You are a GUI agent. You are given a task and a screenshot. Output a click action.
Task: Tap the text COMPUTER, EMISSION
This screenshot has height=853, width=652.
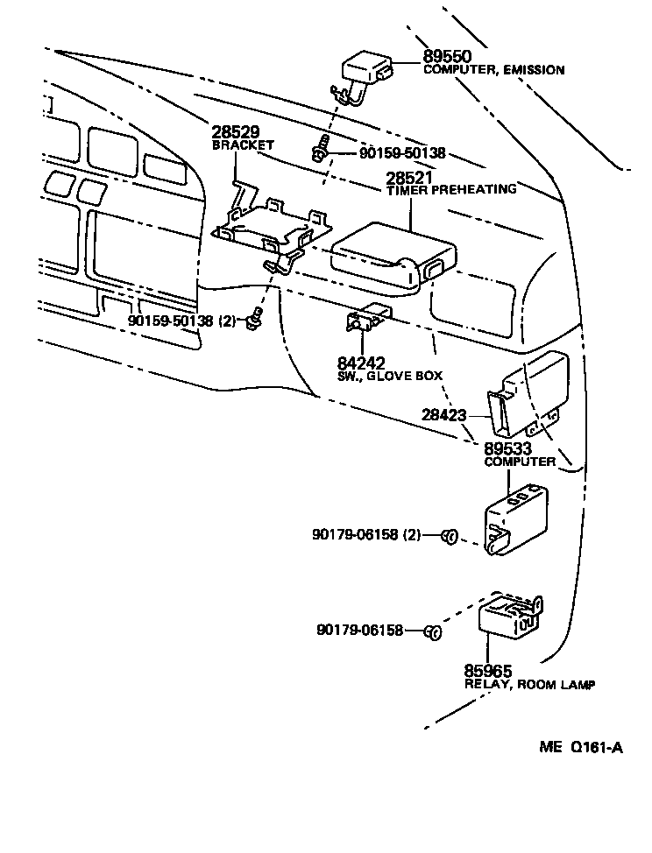click(493, 70)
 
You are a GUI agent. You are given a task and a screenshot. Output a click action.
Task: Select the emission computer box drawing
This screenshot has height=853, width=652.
click(367, 68)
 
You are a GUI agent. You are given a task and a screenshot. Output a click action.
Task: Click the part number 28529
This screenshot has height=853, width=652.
click(236, 132)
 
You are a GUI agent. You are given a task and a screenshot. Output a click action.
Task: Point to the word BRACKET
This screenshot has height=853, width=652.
click(243, 145)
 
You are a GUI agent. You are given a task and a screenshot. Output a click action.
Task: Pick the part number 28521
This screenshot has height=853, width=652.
click(410, 177)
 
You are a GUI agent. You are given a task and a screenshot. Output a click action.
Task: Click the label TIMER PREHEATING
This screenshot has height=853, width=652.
click(450, 189)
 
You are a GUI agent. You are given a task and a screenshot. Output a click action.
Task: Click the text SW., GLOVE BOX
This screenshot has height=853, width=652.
click(389, 376)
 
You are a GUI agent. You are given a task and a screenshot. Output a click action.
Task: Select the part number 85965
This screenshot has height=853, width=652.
click(488, 672)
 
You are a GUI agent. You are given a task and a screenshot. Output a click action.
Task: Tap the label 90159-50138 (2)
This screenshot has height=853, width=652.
click(182, 321)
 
